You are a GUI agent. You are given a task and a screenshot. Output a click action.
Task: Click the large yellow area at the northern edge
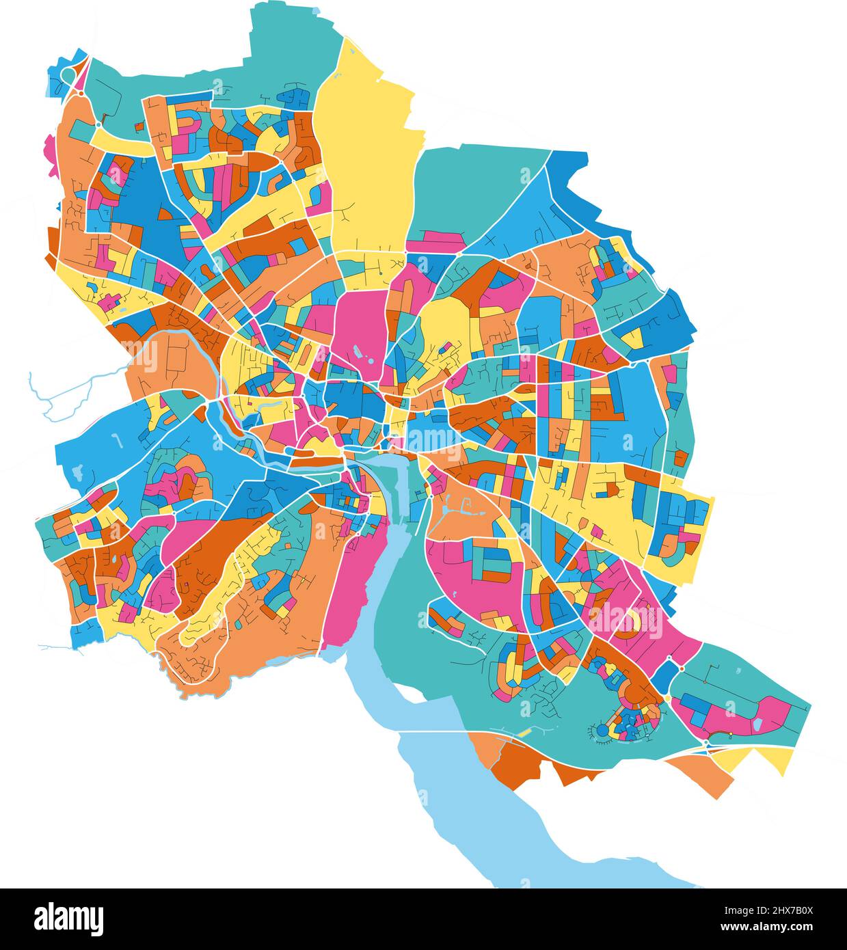pyautogui.click(x=369, y=157)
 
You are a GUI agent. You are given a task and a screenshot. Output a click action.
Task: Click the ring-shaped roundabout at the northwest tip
pyautogui.click(x=68, y=74)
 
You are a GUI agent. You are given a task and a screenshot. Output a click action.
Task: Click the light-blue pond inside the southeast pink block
pyautogui.click(x=759, y=722)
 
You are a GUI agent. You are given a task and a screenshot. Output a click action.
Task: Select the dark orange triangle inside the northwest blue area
pyautogui.click(x=164, y=214)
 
